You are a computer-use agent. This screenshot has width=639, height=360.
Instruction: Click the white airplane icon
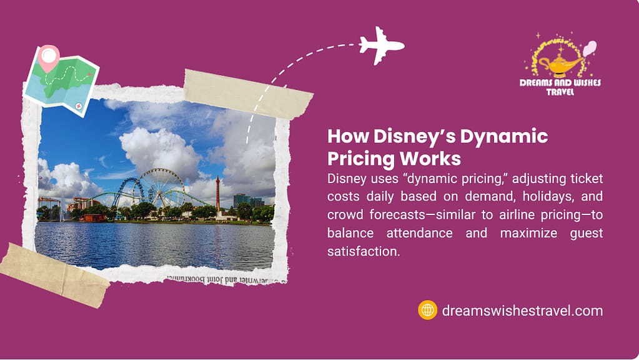tap(381, 45)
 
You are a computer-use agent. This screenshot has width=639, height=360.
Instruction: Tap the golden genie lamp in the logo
tap(561, 65)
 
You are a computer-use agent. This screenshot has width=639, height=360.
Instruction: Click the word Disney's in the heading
tap(415, 137)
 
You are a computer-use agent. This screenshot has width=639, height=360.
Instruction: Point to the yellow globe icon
tap(427, 310)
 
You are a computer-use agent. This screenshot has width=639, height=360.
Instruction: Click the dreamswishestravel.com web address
tap(522, 311)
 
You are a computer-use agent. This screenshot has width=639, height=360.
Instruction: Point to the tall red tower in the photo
tap(217, 196)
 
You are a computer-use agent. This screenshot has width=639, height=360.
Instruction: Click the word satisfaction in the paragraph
tap(364, 251)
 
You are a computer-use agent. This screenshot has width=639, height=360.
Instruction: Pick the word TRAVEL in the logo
tap(560, 92)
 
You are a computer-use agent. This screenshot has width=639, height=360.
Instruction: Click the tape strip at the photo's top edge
tap(248, 94)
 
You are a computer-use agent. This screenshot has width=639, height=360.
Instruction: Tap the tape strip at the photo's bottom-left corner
tap(54, 275)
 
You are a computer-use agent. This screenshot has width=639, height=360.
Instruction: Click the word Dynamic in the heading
tap(504, 137)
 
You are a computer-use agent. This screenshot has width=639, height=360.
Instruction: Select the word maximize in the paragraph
tap(528, 233)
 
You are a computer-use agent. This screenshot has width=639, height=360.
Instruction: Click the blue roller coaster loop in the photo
tap(128, 192)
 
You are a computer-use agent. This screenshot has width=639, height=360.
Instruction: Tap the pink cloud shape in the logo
tap(590, 49)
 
